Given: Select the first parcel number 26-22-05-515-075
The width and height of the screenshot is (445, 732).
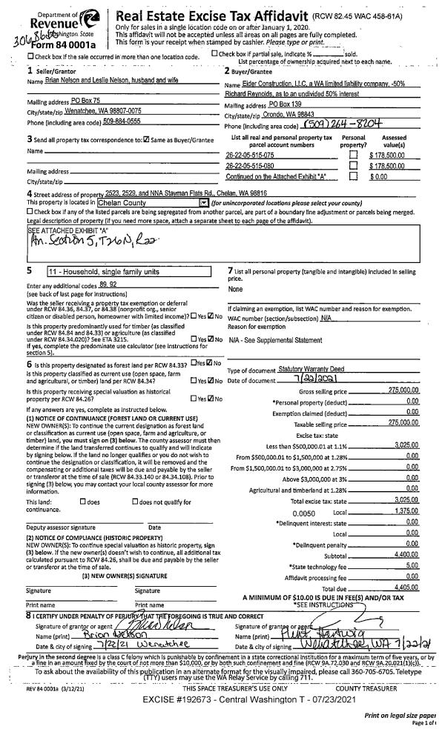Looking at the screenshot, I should [x=249, y=155].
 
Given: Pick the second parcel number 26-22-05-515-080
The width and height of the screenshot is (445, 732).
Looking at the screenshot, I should [x=249, y=166].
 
